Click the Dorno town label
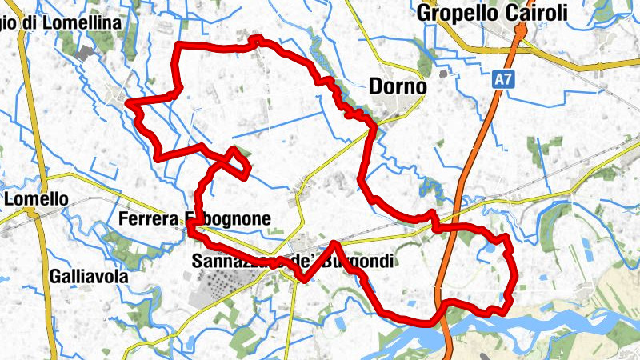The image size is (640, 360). [x=398, y=87]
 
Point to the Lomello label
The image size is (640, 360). [x=36, y=198]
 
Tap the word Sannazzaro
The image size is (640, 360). [x=232, y=261]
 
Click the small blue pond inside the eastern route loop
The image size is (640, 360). [x=486, y=254]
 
